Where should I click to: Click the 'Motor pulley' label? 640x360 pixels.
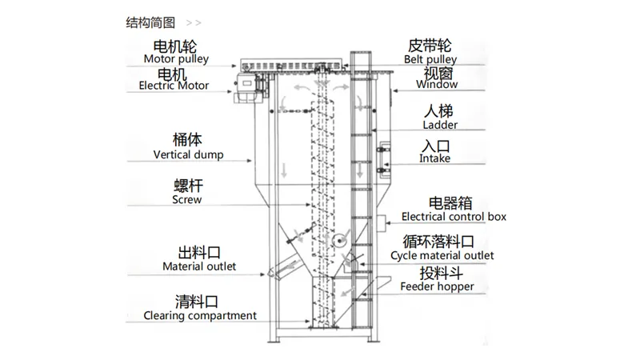pyautogui.click(x=176, y=59)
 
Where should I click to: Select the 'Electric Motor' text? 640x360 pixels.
pyautogui.click(x=174, y=86)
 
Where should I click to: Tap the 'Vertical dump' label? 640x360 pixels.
pyautogui.click(x=189, y=154)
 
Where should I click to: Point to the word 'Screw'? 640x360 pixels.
pyautogui.click(x=187, y=199)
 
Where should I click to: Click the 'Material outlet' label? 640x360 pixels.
pyautogui.click(x=199, y=266)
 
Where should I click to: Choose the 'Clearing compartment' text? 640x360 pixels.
pyautogui.click(x=200, y=315)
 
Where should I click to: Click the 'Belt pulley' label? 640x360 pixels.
pyautogui.click(x=430, y=59)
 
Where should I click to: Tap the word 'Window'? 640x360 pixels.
pyautogui.click(x=437, y=85)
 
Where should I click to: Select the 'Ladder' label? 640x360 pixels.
pyautogui.click(x=440, y=125)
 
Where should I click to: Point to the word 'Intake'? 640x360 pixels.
pyautogui.click(x=434, y=158)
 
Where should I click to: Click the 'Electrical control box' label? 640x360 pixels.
pyautogui.click(x=454, y=217)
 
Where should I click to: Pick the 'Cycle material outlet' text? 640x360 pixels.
pyautogui.click(x=442, y=256)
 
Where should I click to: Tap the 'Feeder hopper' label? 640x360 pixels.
pyautogui.click(x=437, y=287)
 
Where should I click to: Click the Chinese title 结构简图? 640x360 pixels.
pyautogui.click(x=150, y=23)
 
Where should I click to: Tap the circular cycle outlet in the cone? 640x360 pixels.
pyautogui.click(x=338, y=241)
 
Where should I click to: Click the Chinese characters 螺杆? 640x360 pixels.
pyautogui.click(x=188, y=186)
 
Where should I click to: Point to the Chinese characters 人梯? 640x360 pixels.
pyautogui.click(x=438, y=111)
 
